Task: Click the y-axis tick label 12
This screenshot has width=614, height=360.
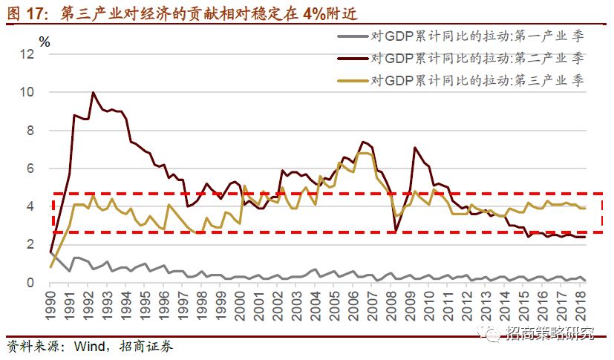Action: [x=27, y=55]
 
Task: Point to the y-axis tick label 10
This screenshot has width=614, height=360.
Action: [x=27, y=93]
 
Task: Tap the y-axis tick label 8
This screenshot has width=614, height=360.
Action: [x=30, y=131]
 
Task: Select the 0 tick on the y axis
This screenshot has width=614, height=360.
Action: [x=30, y=283]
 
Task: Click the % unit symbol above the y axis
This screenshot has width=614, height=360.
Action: [x=45, y=42]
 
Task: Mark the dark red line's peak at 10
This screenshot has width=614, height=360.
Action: [x=93, y=93]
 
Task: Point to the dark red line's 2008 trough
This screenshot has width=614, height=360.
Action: [x=396, y=232]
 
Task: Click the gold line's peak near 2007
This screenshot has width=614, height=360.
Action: [x=362, y=153]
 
